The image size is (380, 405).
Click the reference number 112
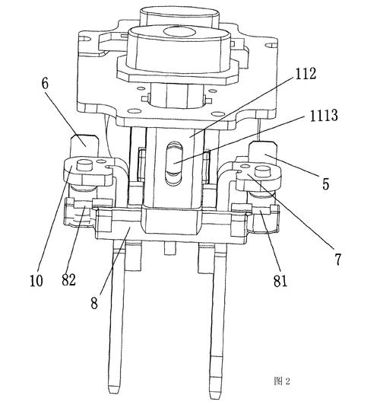coord(306,74)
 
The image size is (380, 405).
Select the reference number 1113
coord(324,115)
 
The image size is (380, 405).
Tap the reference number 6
coord(45,84)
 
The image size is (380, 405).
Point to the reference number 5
coord(326,184)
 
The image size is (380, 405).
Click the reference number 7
coord(338,259)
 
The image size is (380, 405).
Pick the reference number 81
coord(280,281)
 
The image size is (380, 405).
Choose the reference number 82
coord(68,279)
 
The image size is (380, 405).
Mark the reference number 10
coord(36,280)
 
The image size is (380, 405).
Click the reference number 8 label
coord(94,303)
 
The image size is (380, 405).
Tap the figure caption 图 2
coord(282,381)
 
